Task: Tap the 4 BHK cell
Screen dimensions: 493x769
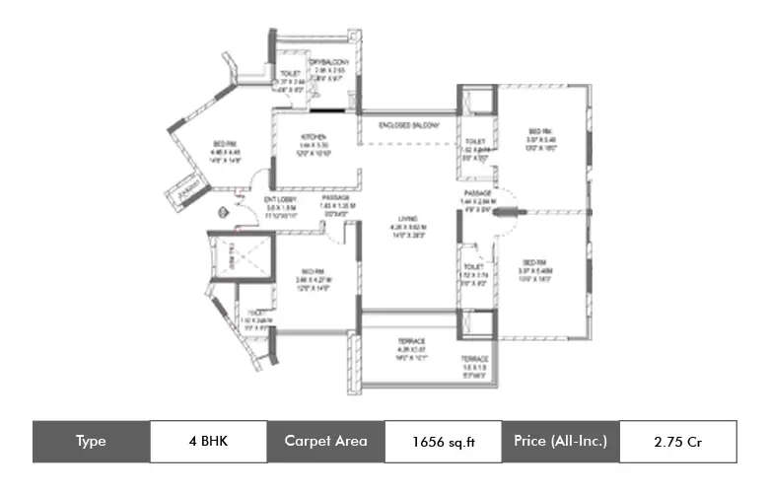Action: tap(207, 442)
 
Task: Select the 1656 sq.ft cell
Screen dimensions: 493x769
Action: tap(443, 442)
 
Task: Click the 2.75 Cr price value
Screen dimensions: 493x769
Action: tap(676, 442)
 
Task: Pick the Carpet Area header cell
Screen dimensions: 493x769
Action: tap(325, 442)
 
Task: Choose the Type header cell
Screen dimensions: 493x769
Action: tap(91, 442)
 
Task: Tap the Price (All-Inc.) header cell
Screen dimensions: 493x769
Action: tap(561, 442)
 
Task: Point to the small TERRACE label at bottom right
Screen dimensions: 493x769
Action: tap(475, 360)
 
